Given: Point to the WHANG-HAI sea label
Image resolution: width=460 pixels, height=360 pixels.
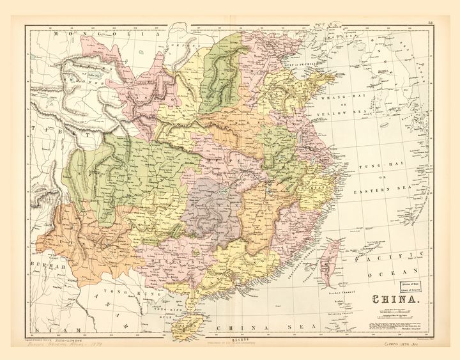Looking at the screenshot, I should pos(341,100).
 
